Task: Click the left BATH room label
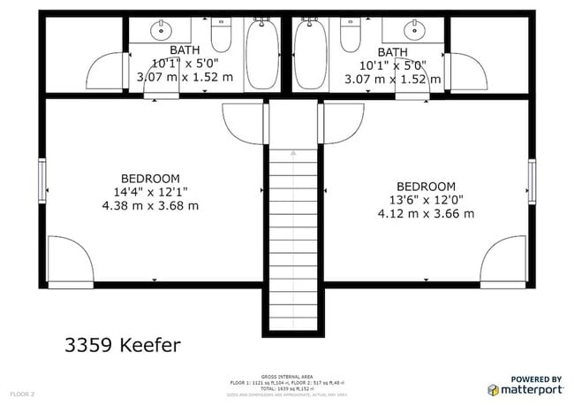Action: (x=185, y=50)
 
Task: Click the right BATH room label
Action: (x=394, y=52)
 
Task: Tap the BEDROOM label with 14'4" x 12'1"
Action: (x=150, y=178)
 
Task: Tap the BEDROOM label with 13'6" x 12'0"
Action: (x=426, y=187)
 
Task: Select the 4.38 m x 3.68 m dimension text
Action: (x=150, y=205)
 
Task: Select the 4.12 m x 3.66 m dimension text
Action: (x=426, y=214)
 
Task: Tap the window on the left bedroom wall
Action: (x=42, y=180)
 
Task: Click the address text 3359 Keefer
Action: (x=124, y=344)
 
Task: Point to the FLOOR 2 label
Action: (x=22, y=393)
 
